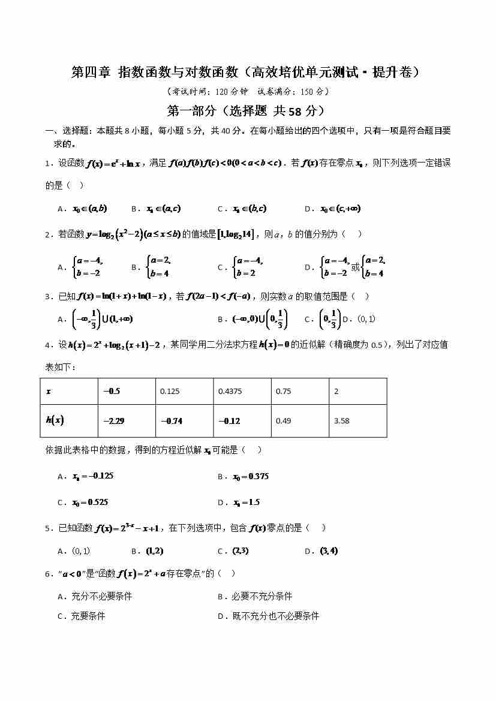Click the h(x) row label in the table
(55, 420)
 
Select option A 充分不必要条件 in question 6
(95, 596)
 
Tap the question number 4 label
(48, 345)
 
